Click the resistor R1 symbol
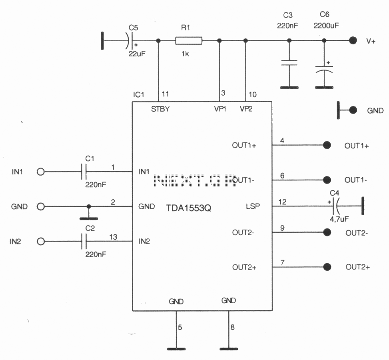pos(189,41)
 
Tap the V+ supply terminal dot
pos(353,40)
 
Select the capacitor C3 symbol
pos(289,62)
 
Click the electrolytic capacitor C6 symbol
pos(324,69)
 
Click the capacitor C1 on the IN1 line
pos(84,172)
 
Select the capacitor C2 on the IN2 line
pos(84,241)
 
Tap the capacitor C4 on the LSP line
pos(335,206)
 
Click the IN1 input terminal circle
pos(41,172)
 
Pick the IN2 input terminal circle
pos(41,241)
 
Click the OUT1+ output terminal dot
pos(327,145)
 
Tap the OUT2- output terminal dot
pos(327,232)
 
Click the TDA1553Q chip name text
pos(188,208)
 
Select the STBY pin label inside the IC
pos(160,109)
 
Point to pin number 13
pos(113,237)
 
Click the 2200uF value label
pos(326,26)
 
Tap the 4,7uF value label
pos(339,219)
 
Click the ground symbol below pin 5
pos(176,349)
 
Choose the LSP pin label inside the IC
pos(253,206)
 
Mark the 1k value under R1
pos(185,54)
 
